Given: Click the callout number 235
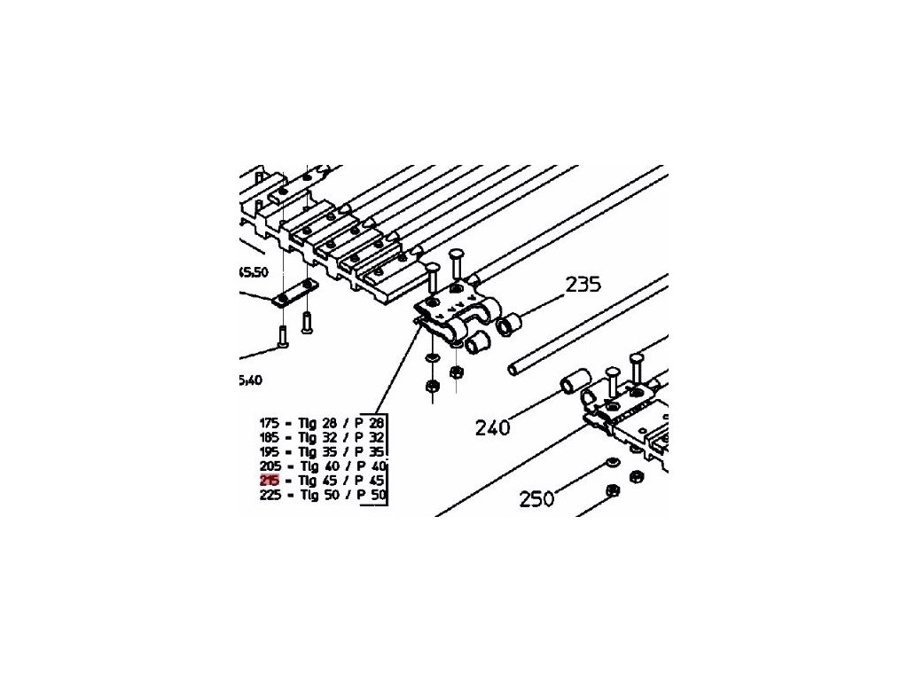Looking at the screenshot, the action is (x=583, y=285).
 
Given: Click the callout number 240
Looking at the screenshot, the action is (x=492, y=428).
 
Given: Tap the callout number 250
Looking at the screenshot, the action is (x=536, y=498).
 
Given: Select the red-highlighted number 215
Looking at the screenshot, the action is (x=269, y=481).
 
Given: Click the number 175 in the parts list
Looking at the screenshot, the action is (x=269, y=423).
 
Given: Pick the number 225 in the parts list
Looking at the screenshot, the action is (x=269, y=496).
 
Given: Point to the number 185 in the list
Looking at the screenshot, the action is (x=269, y=437).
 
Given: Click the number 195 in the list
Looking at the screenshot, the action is (x=269, y=451).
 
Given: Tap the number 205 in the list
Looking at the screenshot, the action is (x=269, y=466).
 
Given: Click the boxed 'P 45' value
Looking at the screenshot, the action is (x=372, y=481).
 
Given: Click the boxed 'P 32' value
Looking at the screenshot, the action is (x=372, y=437).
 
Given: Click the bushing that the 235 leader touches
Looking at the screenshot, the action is (x=508, y=327).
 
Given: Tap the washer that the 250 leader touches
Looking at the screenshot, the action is (x=612, y=464).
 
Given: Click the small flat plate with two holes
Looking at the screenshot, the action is (x=295, y=293).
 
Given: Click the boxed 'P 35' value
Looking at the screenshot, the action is (x=372, y=451).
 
